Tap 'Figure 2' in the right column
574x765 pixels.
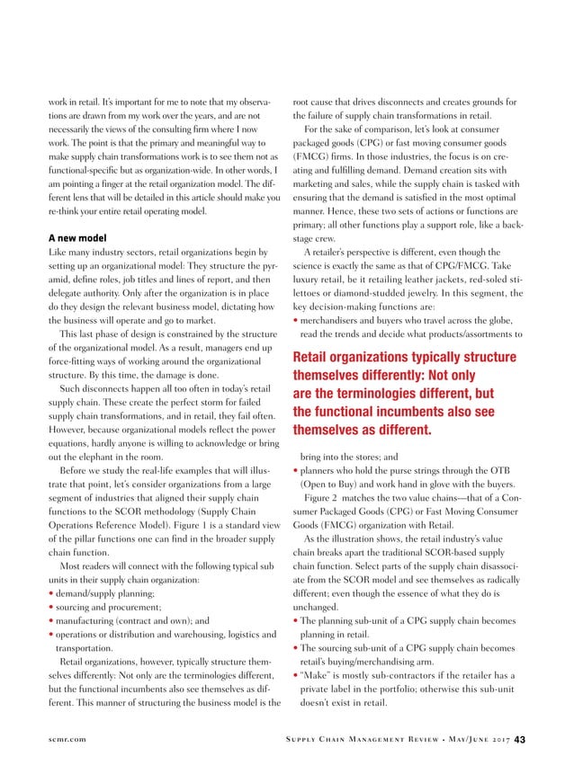(322, 497)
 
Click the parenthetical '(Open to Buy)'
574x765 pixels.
(335, 484)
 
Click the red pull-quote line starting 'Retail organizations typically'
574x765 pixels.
(404, 359)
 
